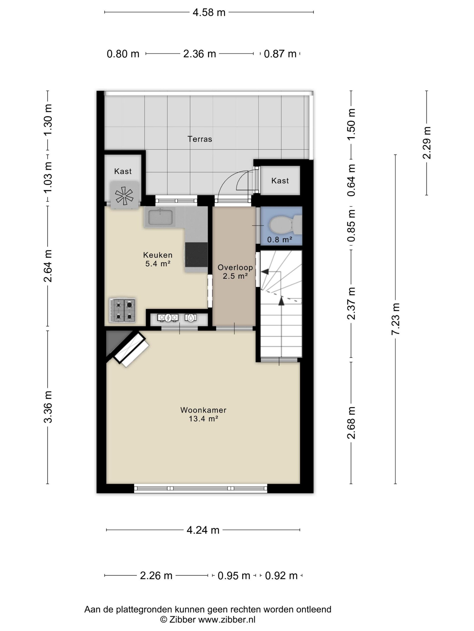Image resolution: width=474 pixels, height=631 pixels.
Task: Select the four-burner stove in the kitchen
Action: (x=123, y=310)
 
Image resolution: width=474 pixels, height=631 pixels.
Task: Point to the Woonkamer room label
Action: (x=203, y=410)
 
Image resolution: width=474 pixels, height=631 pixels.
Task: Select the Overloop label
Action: (x=235, y=267)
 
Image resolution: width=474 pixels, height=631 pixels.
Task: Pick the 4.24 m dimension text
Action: (x=203, y=530)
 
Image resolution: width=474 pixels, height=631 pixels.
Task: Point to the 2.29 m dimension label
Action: (x=427, y=143)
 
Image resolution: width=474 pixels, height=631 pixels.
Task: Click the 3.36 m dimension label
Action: (x=48, y=407)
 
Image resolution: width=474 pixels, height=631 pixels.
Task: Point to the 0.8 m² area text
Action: (x=280, y=239)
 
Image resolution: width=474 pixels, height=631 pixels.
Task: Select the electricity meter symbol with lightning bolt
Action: (x=168, y=318)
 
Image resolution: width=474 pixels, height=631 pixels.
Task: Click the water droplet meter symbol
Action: (x=190, y=318)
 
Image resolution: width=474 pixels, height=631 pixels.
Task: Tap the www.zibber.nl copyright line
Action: (x=208, y=619)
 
